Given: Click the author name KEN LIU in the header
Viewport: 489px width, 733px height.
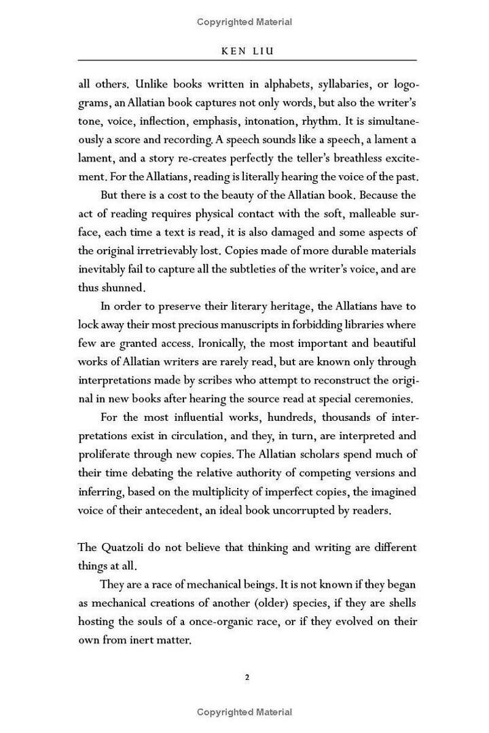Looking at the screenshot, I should (x=247, y=50).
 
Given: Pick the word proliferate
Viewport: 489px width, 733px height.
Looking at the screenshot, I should (x=107, y=453).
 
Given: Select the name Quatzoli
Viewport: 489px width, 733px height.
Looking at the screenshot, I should (x=128, y=547).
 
